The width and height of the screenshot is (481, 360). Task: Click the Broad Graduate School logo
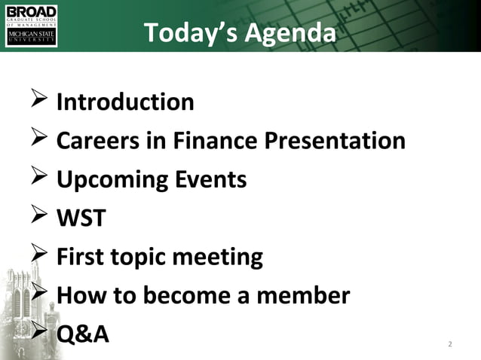(31, 26)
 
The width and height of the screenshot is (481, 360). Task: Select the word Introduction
(125, 102)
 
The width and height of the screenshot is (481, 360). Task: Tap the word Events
(211, 180)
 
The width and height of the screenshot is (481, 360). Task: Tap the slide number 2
(450, 345)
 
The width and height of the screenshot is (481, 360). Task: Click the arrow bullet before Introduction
(38, 102)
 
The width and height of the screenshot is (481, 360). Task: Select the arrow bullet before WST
(38, 219)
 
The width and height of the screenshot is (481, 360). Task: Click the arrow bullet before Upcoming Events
(38, 180)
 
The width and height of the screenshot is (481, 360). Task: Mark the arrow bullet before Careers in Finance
(38, 141)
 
